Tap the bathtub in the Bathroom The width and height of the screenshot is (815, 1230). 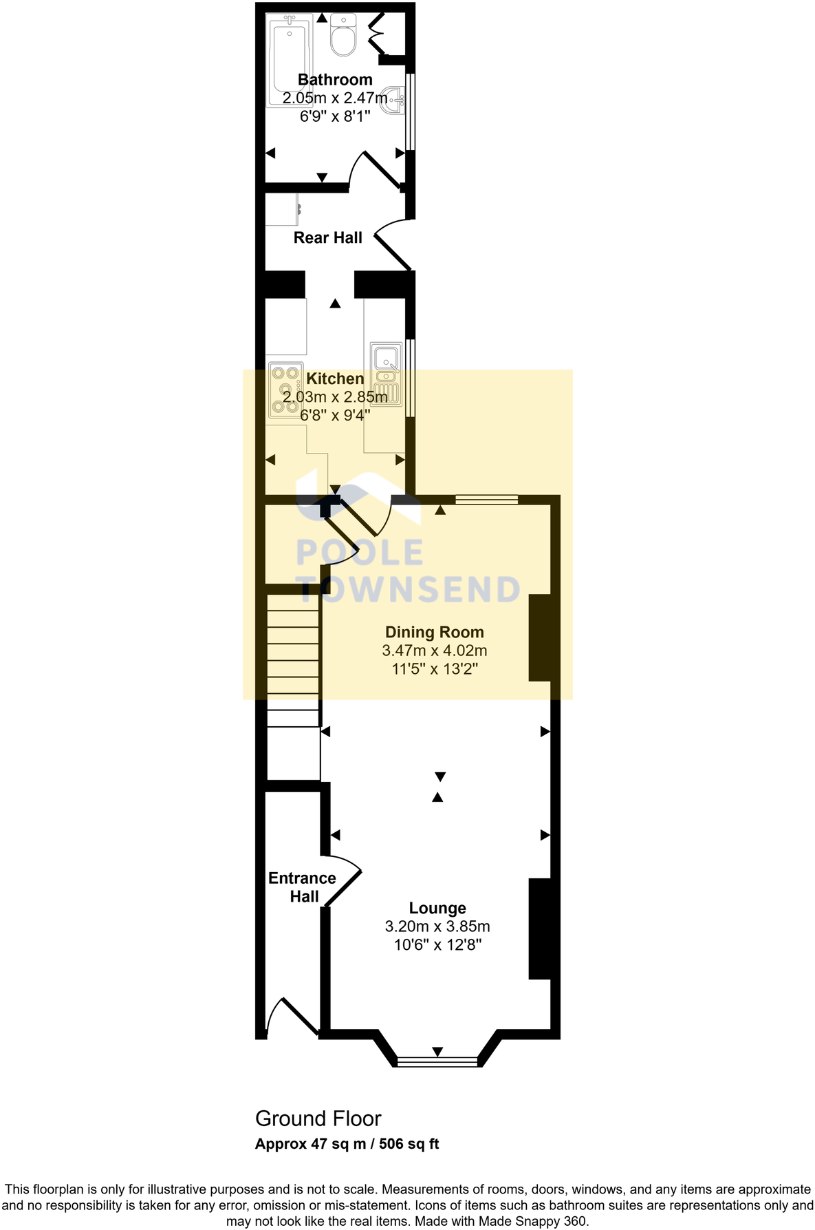pyautogui.click(x=287, y=62)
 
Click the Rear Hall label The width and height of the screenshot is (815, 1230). pyautogui.click(x=327, y=238)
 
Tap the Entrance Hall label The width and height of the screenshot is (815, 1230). pyautogui.click(x=303, y=887)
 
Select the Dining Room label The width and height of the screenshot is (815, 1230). pyautogui.click(x=434, y=632)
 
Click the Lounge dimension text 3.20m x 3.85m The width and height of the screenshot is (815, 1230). pyautogui.click(x=437, y=926)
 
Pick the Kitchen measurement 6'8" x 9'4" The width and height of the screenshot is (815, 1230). pyautogui.click(x=336, y=415)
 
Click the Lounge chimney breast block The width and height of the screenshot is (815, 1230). pyautogui.click(x=540, y=929)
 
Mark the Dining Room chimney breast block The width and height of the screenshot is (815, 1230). pyautogui.click(x=540, y=637)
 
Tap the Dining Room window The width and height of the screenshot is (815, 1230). pyautogui.click(x=486, y=500)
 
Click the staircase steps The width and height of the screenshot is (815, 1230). pyautogui.click(x=294, y=654)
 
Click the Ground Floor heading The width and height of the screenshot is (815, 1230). pyautogui.click(x=318, y=1118)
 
